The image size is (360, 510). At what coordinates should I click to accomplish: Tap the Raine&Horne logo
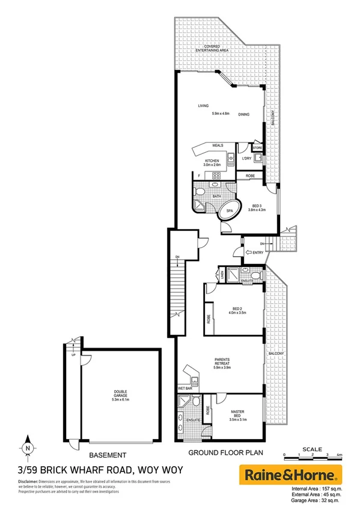click(291, 475)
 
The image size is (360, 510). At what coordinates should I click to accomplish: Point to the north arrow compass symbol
click(28, 447)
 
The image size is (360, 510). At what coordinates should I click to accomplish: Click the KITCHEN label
click(213, 163)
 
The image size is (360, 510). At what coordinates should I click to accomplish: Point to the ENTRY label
click(257, 252)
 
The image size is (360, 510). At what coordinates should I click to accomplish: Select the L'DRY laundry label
click(246, 159)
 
